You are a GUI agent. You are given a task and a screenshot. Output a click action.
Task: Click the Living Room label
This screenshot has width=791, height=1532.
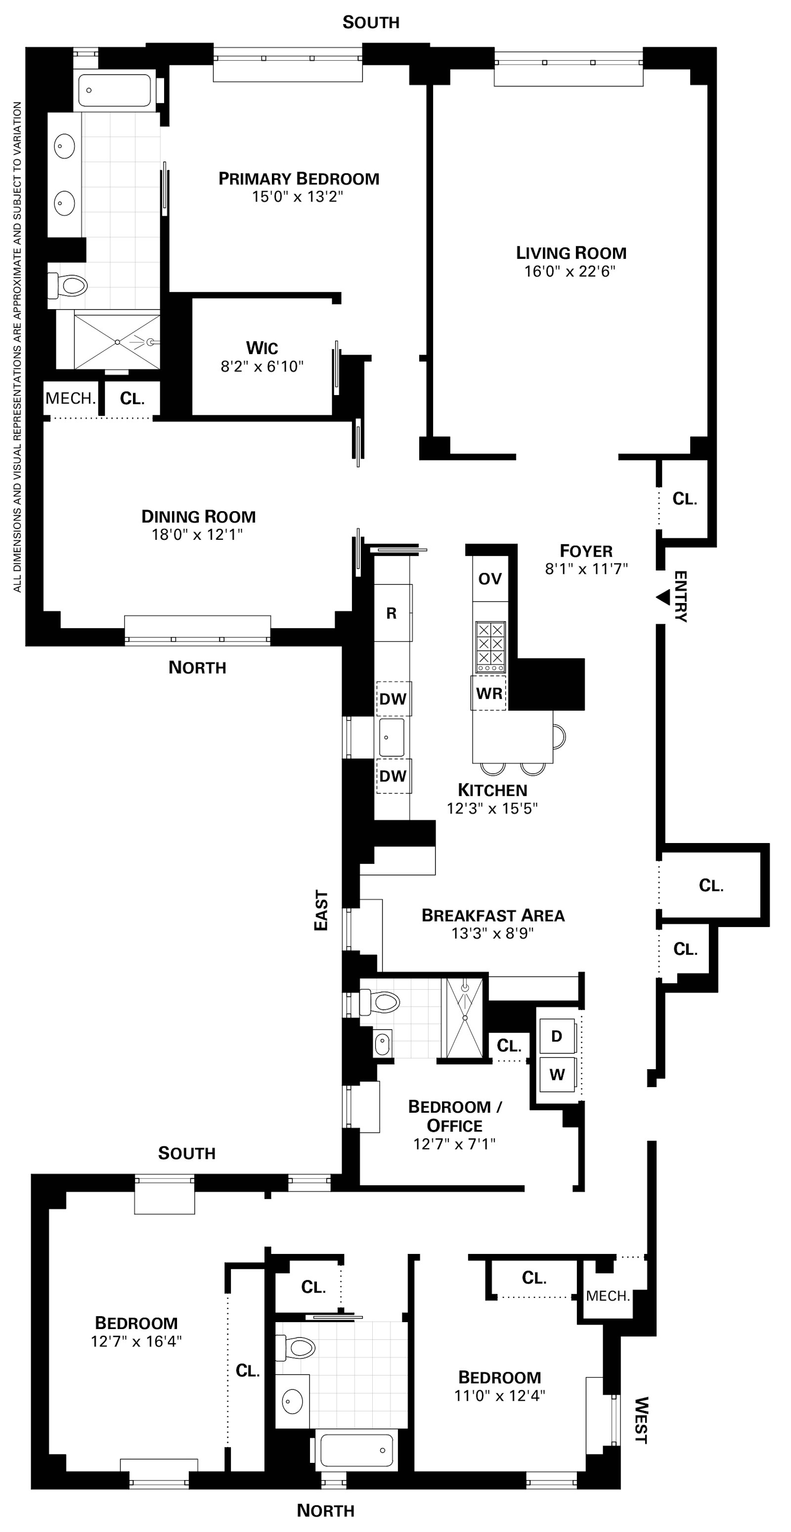coord(571,253)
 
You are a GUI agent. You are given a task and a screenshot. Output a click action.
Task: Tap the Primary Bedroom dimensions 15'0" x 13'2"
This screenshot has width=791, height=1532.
coord(298,197)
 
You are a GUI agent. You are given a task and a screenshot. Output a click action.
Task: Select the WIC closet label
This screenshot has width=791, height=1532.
coord(262,347)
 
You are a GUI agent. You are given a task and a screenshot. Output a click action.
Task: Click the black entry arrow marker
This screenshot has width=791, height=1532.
coord(662,597)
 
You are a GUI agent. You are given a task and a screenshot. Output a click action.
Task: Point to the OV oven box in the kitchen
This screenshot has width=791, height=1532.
coord(490,579)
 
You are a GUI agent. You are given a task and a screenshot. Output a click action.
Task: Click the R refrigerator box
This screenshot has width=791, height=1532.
coord(392,613)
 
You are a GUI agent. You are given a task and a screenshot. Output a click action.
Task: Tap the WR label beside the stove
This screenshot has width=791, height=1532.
coord(488,693)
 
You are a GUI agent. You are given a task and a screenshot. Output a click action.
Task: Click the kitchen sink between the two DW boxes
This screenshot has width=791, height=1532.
coord(392,737)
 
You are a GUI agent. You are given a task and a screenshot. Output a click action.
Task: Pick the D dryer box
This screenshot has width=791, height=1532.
coord(557,1037)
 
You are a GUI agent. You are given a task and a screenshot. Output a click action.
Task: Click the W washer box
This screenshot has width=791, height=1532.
coord(557,1075)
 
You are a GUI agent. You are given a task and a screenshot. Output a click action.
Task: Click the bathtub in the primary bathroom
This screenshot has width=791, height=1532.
coord(114,90)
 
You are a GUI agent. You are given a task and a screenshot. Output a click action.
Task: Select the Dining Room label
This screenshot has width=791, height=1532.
coord(198,516)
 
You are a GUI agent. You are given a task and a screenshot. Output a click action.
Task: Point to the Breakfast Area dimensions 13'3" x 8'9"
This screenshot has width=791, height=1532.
coord(492,933)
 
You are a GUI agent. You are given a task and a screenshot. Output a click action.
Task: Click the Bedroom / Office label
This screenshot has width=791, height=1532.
coord(455,1116)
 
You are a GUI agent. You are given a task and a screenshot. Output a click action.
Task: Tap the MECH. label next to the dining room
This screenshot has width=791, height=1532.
coord(70,398)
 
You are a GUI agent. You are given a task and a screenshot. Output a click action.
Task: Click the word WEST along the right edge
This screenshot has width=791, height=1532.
coord(640,1420)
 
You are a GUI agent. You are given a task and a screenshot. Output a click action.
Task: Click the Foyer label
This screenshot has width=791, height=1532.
coord(586,551)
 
